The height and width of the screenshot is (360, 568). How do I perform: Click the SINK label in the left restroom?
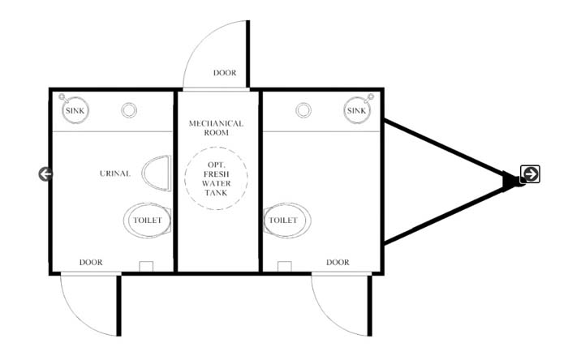coord(75,111)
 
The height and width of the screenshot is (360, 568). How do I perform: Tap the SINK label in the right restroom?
coord(356,111)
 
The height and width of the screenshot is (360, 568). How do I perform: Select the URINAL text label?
coord(115,174)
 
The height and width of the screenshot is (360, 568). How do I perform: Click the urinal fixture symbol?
coord(157,174)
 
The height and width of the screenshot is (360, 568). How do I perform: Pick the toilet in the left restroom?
coord(147,220)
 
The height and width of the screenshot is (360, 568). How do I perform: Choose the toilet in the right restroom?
coord(287,220)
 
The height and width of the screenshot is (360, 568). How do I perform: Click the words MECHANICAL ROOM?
coord(217,128)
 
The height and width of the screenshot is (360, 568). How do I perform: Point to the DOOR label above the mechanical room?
coord(225,73)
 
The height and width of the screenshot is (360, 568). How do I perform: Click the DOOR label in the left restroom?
coord(91,263)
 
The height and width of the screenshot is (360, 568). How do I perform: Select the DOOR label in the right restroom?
coord(338,263)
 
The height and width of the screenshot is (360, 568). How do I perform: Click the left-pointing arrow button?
coord(45,174)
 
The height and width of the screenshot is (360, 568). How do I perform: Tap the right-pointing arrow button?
coord(531,174)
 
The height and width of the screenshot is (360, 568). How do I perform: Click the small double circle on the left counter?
coord(129,110)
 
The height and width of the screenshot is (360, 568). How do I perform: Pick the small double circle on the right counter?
coord(303,110)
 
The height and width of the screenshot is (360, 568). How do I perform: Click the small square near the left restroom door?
coord(146,266)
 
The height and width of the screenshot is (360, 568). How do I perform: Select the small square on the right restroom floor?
coord(284,266)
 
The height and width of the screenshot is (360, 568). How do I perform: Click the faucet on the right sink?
coord(369,97)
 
